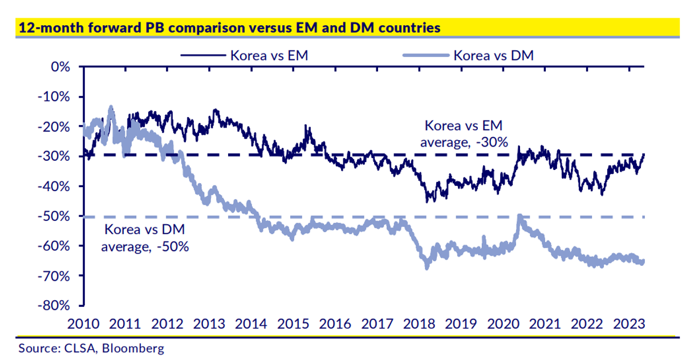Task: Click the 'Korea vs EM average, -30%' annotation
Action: pos(464,134)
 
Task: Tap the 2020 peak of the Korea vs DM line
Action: pos(519,216)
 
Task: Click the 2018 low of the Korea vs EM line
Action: pos(427,201)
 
